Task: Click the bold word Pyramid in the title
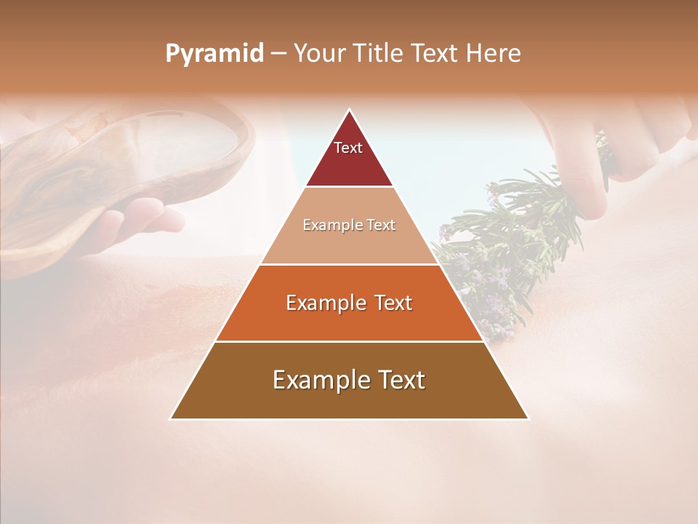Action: (214, 53)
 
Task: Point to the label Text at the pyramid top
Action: (348, 148)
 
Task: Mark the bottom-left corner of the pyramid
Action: (171, 418)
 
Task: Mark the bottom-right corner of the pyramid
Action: (529, 418)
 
